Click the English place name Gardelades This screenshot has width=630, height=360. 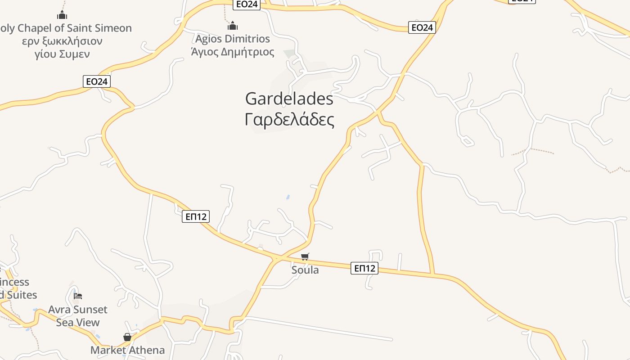[289, 99]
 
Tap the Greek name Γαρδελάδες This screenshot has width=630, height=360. [289, 120]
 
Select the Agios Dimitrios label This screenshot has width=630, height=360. [232, 39]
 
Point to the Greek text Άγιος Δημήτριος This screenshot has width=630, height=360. [232, 52]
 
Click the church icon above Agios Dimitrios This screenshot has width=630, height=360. [233, 26]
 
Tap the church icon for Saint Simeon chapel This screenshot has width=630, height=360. [62, 15]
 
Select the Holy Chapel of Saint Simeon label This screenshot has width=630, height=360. [66, 28]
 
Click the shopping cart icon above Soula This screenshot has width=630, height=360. [305, 257]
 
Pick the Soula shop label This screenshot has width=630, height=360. [305, 270]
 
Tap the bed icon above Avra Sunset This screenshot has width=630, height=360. [78, 296]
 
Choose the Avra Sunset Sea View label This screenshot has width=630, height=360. [78, 316]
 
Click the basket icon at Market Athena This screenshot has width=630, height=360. [127, 337]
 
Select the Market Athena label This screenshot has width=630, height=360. [128, 350]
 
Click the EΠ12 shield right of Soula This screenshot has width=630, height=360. [364, 269]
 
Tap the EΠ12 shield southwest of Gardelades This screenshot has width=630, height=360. [196, 216]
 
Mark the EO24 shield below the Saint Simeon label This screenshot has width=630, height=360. [97, 81]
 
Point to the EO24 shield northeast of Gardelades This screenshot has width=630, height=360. [422, 27]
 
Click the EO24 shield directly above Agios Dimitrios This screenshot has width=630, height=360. [247, 4]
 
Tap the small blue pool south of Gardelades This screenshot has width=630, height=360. [288, 197]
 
